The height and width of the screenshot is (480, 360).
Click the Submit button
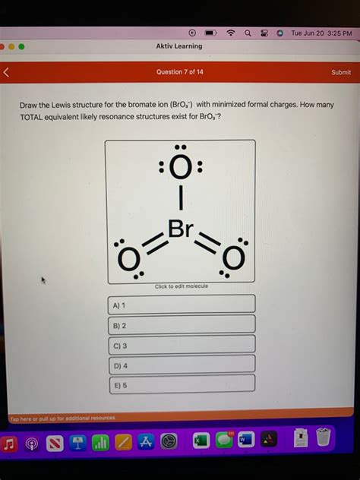pyautogui.click(x=341, y=72)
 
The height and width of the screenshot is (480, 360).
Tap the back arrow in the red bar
pyautogui.click(x=7, y=73)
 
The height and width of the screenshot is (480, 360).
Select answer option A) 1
pyautogui.click(x=180, y=305)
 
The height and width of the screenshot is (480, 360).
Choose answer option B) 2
pyautogui.click(x=180, y=324)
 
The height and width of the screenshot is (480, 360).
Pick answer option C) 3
pyautogui.click(x=180, y=344)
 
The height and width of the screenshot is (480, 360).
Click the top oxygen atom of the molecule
pyautogui.click(x=180, y=169)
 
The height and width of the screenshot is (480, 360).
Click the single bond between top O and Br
pyautogui.click(x=180, y=200)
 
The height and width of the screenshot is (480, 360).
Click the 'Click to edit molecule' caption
pyautogui.click(x=180, y=286)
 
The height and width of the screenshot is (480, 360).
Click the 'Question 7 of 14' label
pyautogui.click(x=179, y=72)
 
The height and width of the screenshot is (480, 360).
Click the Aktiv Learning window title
pyautogui.click(x=179, y=46)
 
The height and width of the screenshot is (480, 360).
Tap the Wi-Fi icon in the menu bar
pyautogui.click(x=230, y=33)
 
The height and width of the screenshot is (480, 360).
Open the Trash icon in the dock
pyautogui.click(x=324, y=438)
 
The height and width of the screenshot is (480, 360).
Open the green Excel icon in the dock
pyautogui.click(x=201, y=441)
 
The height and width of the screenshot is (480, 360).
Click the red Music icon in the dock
pyautogui.click(x=10, y=441)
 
